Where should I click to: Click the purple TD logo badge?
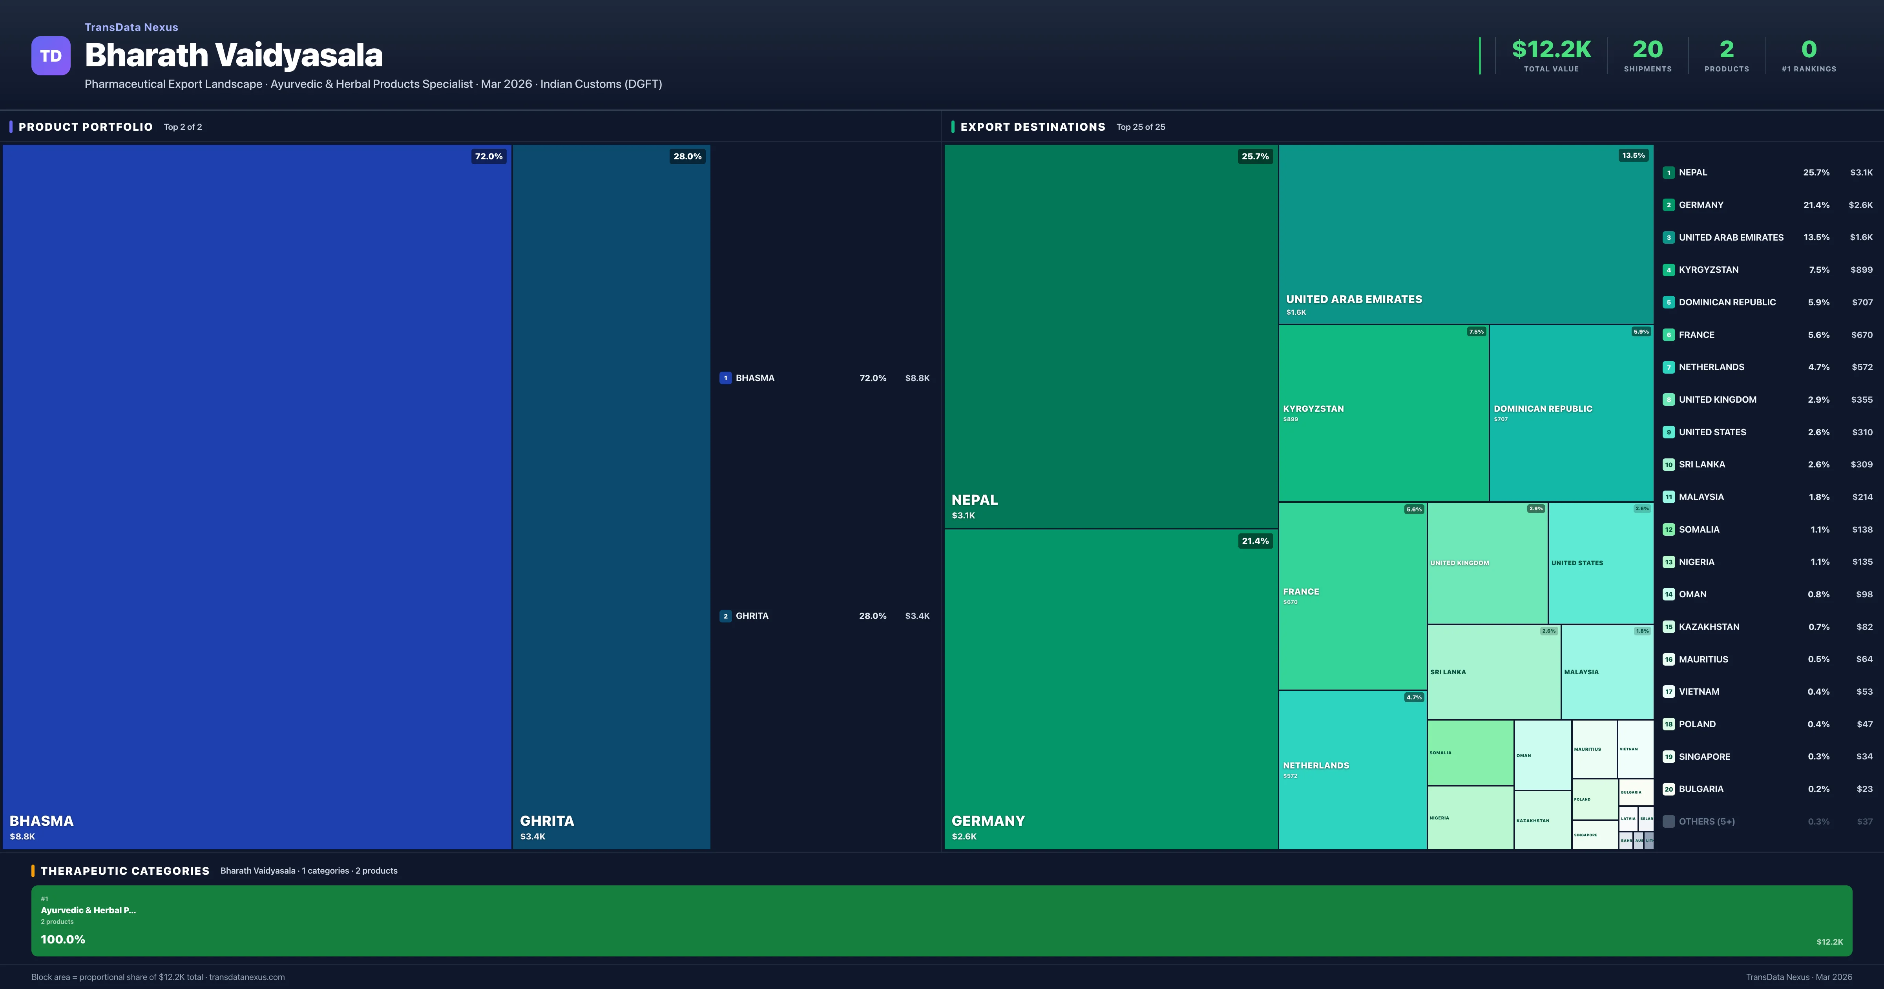coord(51,56)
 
